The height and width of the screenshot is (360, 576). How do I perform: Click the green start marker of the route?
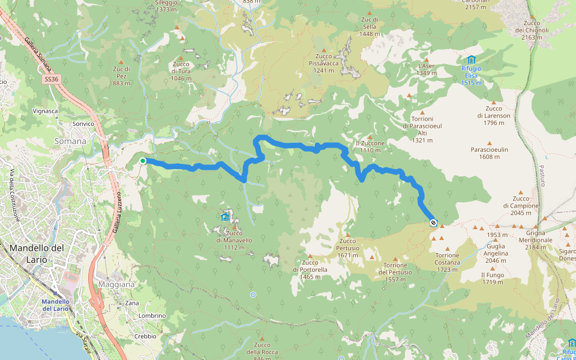143,161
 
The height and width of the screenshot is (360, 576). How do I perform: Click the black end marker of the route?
433,223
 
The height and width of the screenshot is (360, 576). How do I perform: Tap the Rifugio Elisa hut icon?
471,59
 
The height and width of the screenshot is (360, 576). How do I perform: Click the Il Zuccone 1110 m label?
370,146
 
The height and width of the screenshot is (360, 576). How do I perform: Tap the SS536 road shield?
52,79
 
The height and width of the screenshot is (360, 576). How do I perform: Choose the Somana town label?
71,141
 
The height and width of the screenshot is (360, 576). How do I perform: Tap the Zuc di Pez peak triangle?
121,62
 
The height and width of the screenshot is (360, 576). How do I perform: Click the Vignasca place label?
45,111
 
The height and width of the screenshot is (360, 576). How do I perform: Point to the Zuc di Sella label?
369,26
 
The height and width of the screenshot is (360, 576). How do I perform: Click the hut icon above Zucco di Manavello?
225,217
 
